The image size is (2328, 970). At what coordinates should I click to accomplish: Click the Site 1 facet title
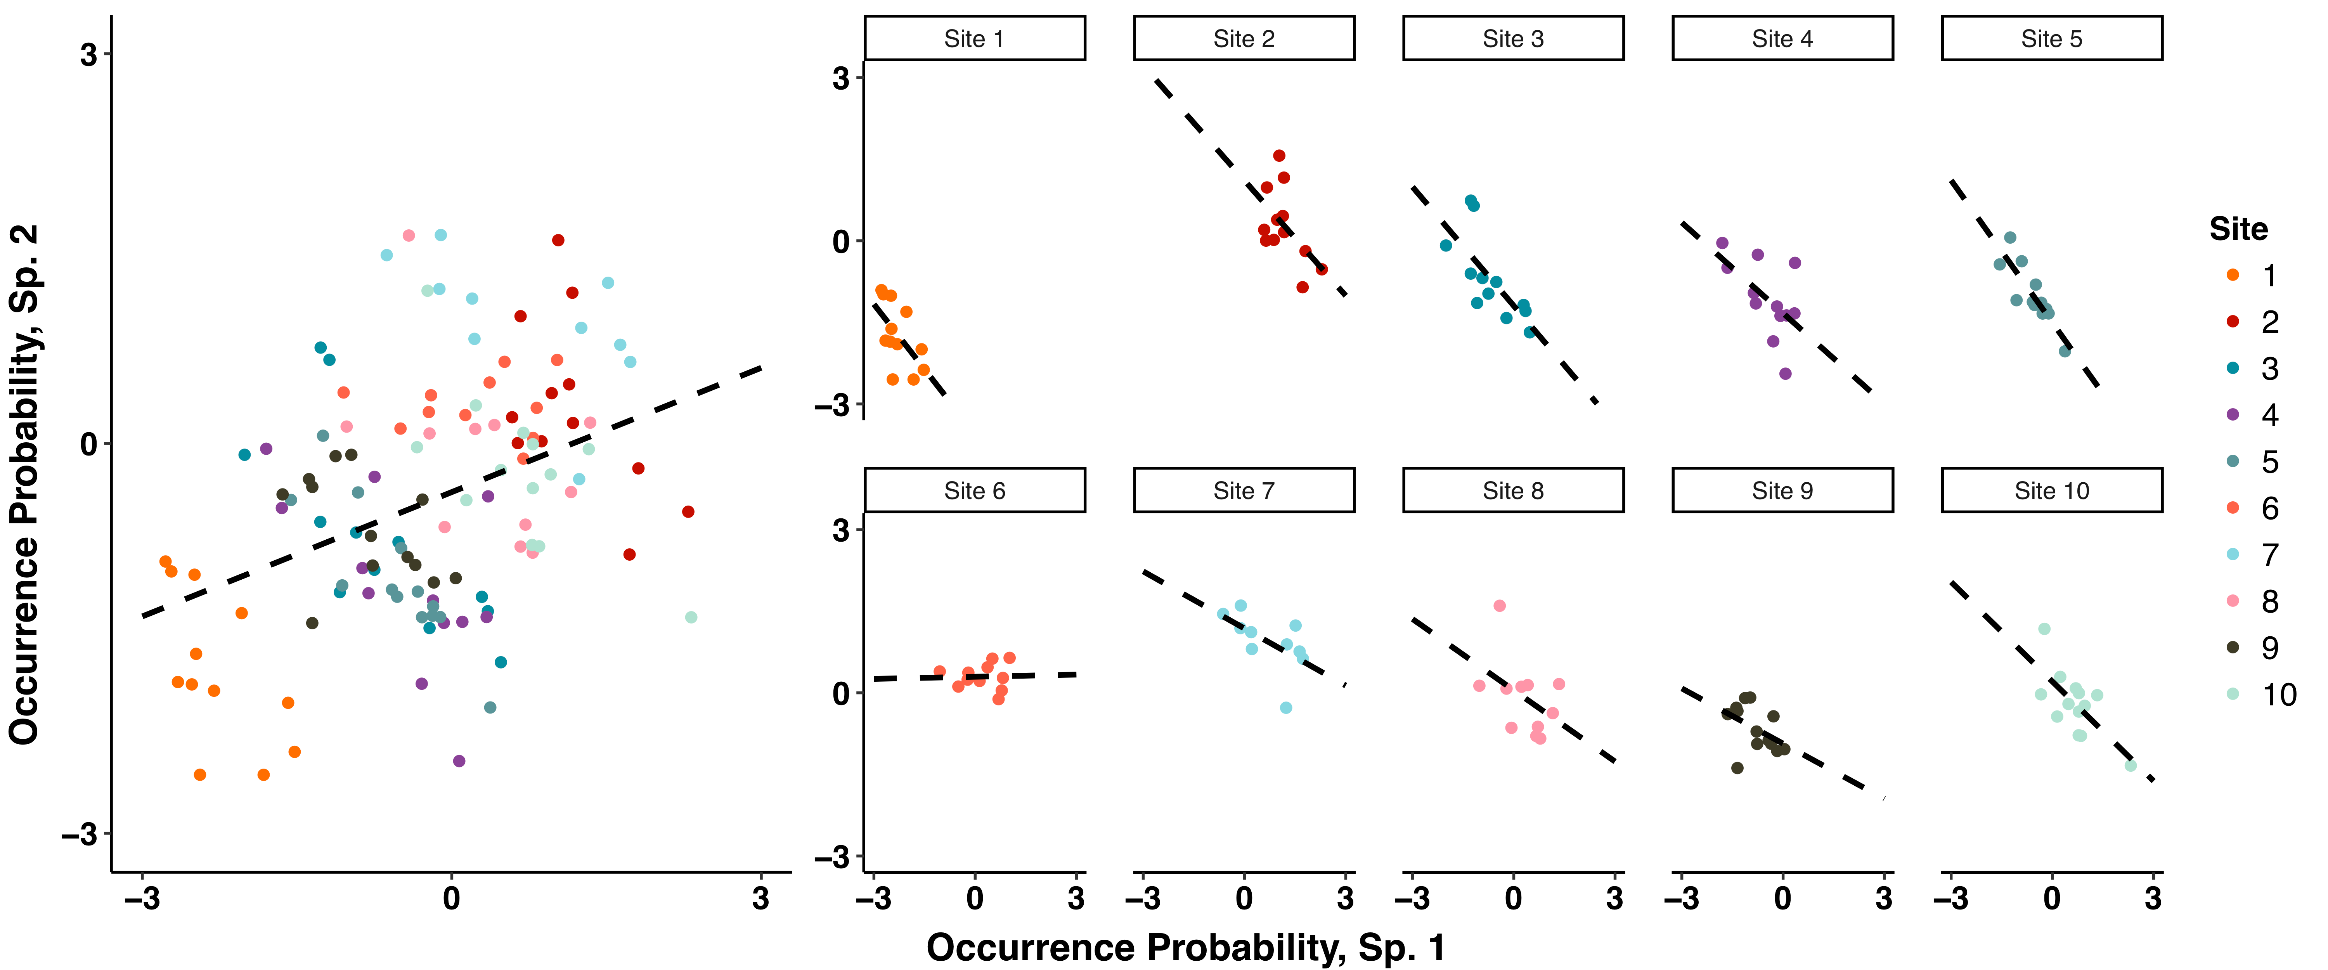(974, 39)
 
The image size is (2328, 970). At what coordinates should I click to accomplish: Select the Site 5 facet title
(2051, 39)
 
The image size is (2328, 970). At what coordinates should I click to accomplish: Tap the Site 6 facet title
(974, 491)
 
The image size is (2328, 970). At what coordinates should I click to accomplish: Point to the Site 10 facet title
(2051, 491)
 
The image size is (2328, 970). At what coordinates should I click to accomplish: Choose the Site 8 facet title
(1513, 491)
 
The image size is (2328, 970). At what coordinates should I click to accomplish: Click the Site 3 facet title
(1513, 39)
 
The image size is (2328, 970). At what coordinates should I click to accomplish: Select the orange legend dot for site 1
(2233, 275)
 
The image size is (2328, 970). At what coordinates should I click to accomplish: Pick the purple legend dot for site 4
(2233, 415)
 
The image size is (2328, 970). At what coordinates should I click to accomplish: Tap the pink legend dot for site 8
(2233, 601)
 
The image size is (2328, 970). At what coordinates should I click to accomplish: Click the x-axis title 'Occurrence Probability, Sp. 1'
(1186, 947)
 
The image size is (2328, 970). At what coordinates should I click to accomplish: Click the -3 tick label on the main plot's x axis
(142, 899)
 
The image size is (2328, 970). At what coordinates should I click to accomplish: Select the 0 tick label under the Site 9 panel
(1782, 899)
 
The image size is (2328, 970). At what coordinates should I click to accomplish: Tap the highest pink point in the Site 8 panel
(1499, 606)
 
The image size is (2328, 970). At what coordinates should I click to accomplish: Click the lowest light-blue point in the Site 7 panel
(1286, 708)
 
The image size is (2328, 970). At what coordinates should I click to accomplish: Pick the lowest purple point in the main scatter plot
(459, 761)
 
